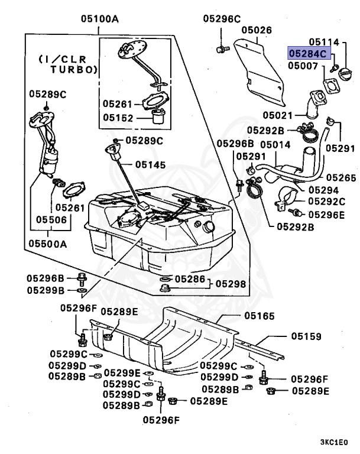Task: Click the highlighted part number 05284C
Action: [x=307, y=54]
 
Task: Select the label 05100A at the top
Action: [x=100, y=19]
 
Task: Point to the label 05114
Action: [x=325, y=42]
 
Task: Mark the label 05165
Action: [x=258, y=317]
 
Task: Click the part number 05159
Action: [x=306, y=336]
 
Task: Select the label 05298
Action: [x=230, y=284]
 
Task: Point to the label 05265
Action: [x=340, y=177]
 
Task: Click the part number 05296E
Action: [x=326, y=215]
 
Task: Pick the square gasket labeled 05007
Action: [x=332, y=86]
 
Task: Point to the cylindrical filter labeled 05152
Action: [x=158, y=116]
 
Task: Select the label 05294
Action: [x=323, y=190]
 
